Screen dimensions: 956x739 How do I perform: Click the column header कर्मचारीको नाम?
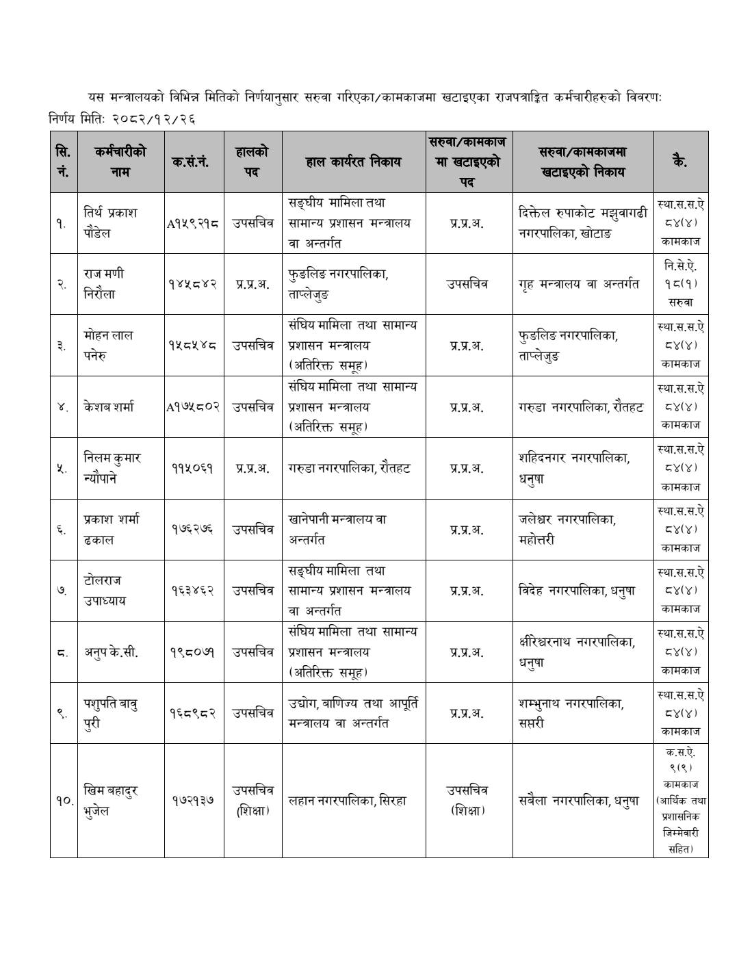coord(120,162)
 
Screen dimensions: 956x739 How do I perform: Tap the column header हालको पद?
coord(252,162)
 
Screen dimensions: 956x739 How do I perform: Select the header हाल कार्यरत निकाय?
coord(353,162)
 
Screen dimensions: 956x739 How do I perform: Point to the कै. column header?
coord(680,162)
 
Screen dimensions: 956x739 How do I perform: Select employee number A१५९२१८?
coord(193,223)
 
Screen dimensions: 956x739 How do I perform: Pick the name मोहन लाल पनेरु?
coord(108,346)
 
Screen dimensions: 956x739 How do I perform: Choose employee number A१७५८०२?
coord(193,407)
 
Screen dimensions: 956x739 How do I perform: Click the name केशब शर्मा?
coord(109,407)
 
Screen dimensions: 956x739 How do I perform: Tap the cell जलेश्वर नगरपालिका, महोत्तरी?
coord(567,530)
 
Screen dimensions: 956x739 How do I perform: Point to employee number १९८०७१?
coord(193,652)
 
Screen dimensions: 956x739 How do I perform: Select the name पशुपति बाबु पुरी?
coord(111,713)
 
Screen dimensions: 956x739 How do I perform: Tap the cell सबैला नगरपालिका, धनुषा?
coord(579,801)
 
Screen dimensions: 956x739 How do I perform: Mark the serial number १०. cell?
coord(64,801)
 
